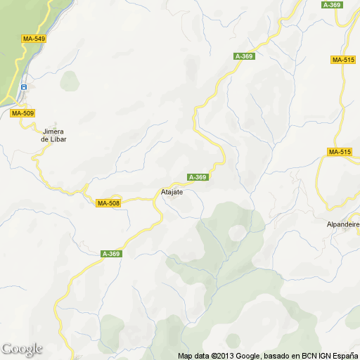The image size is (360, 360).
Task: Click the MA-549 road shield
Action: coord(33,39)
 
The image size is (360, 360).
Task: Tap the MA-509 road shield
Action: coord(22,113)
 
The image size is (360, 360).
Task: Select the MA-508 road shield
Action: coord(108,203)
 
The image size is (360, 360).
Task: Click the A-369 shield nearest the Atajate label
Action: coord(198,176)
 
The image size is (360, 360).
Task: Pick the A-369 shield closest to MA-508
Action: coord(111,254)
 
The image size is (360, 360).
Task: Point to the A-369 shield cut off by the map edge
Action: coord(331,4)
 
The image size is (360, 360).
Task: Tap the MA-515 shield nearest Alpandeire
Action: coord(340,152)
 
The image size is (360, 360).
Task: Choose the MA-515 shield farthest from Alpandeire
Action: coord(342,60)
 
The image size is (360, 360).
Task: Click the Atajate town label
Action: coord(168,191)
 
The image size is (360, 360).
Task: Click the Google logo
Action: coord(22,349)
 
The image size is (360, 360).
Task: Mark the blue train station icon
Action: coord(24,87)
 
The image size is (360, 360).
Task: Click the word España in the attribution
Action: coord(344,355)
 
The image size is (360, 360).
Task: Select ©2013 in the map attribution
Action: coord(221,355)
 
